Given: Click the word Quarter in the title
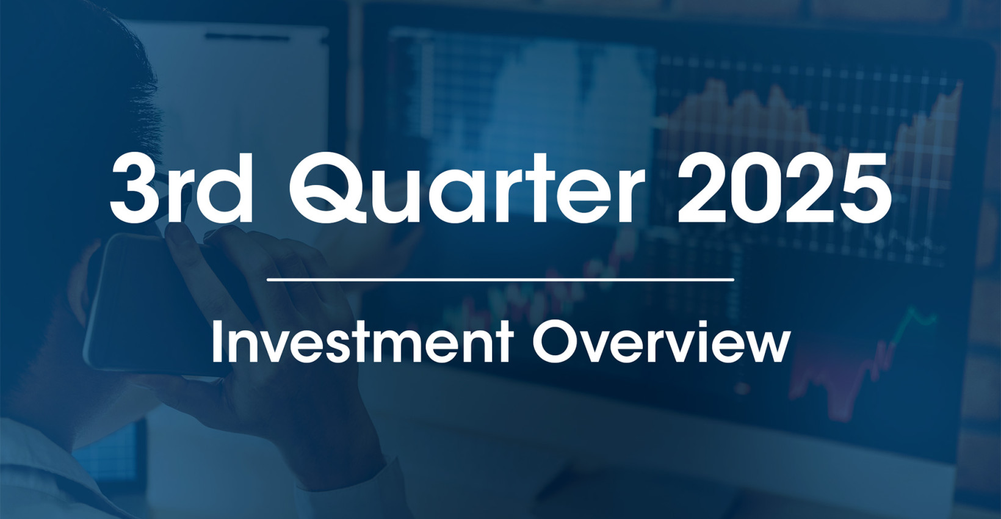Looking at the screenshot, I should (467, 189).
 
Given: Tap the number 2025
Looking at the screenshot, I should (783, 189).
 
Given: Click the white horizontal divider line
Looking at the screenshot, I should (500, 280).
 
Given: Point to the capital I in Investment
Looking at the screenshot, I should (216, 343).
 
